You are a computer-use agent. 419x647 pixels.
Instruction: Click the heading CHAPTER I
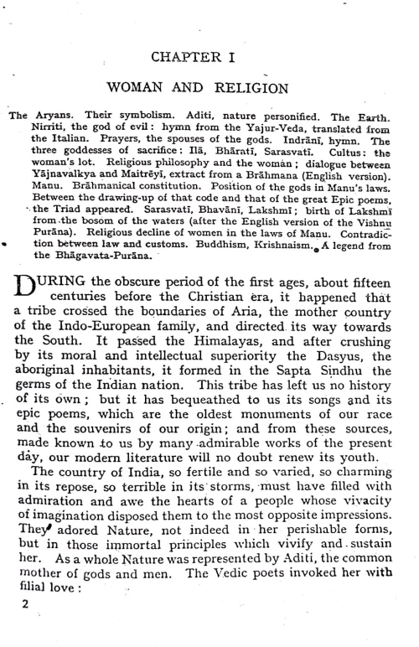(x=209, y=56)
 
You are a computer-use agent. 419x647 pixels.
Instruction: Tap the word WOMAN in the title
(x=139, y=86)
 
